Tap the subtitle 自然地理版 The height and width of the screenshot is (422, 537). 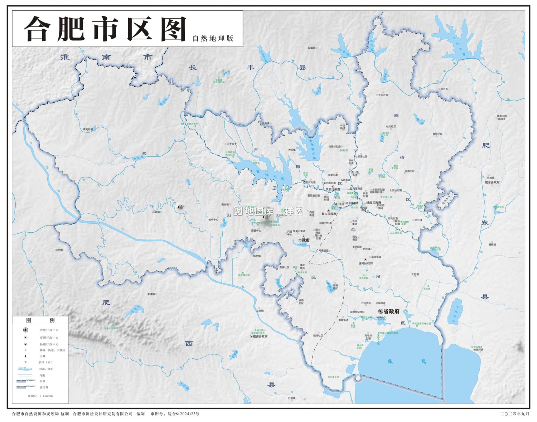[213, 38]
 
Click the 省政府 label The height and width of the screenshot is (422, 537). [391, 311]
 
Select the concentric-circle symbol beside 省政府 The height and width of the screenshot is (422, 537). [381, 311]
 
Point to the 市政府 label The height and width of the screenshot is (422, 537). [304, 240]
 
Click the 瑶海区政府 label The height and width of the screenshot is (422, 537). [373, 203]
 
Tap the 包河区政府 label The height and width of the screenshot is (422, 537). [366, 263]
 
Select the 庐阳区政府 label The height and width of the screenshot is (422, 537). [333, 189]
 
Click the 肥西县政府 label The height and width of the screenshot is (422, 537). [260, 336]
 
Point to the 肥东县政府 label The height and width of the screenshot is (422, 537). [492, 182]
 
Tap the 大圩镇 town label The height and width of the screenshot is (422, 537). [415, 275]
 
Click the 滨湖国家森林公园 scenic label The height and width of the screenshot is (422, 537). [421, 324]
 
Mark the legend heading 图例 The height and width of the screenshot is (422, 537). [40, 320]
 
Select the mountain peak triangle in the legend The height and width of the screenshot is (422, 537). [25, 356]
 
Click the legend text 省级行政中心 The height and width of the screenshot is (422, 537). [49, 330]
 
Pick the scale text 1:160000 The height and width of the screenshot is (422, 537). [46, 396]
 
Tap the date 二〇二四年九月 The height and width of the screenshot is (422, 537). [514, 414]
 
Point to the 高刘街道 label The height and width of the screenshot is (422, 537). [88, 129]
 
